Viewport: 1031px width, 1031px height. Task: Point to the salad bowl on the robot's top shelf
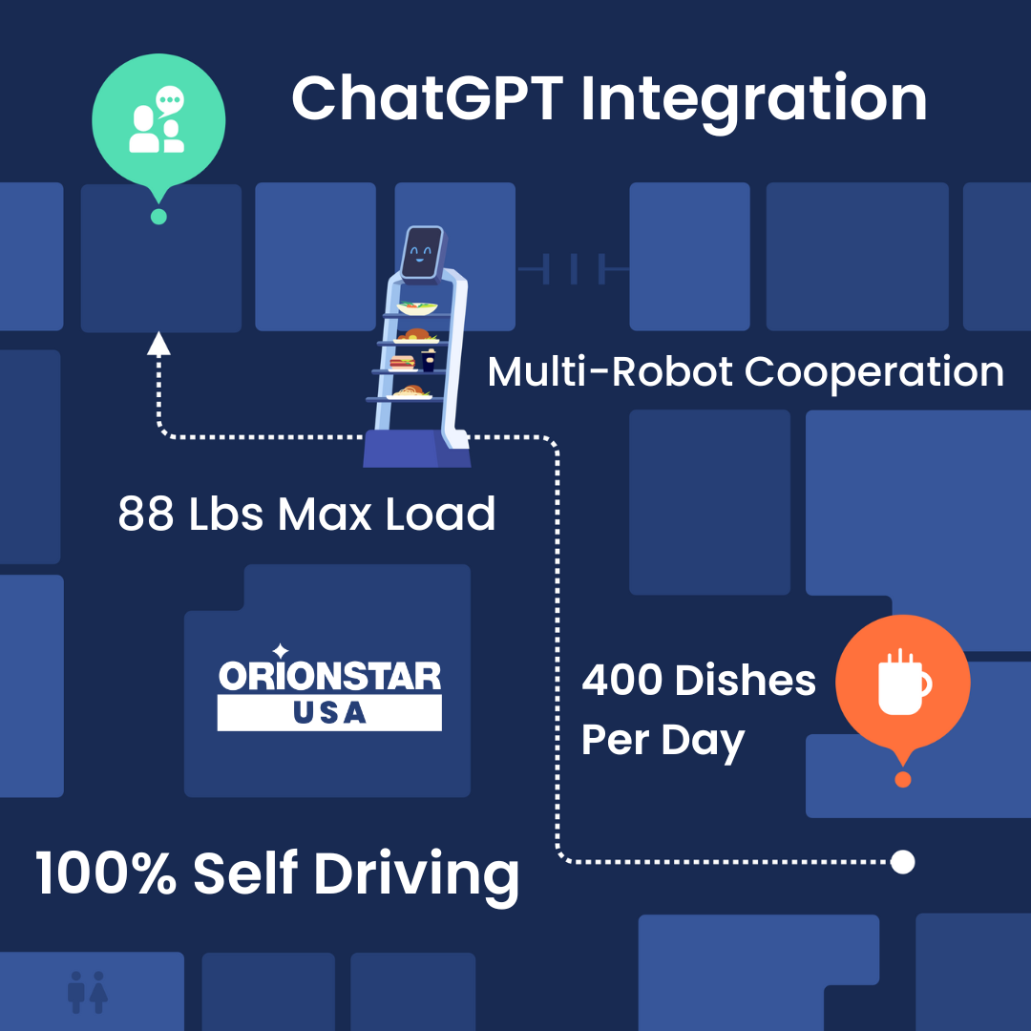coord(417,307)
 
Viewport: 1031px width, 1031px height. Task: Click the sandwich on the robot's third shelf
coord(402,363)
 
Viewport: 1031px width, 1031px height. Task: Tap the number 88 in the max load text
coord(146,514)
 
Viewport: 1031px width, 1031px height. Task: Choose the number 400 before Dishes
coord(621,680)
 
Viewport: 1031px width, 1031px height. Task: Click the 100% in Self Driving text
coord(105,873)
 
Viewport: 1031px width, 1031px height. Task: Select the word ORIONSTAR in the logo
coord(329,677)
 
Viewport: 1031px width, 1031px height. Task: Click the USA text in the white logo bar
coord(329,713)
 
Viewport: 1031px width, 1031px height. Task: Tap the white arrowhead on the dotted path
coord(158,344)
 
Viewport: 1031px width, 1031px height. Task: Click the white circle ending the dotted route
coord(903,862)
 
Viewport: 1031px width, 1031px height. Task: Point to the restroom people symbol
coord(88,992)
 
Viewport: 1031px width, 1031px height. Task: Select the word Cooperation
coord(873,372)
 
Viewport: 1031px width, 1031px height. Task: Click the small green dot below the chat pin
coord(158,217)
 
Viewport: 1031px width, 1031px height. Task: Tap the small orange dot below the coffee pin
coord(903,779)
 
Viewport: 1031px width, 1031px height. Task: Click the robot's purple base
coord(417,449)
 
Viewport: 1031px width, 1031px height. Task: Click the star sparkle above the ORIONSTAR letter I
coord(281,651)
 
